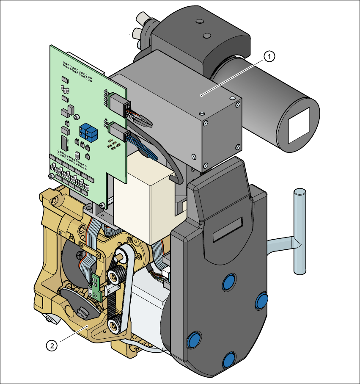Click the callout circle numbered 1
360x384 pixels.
pos(269,56)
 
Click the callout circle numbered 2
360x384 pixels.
pos(52,345)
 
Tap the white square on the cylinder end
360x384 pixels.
pos(299,125)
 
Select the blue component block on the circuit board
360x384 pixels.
pos(88,133)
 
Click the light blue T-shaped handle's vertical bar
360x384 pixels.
pos(300,231)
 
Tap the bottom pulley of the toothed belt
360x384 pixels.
pos(113,325)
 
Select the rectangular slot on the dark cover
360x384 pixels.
pos(228,229)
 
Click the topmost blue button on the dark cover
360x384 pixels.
pos(229,282)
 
